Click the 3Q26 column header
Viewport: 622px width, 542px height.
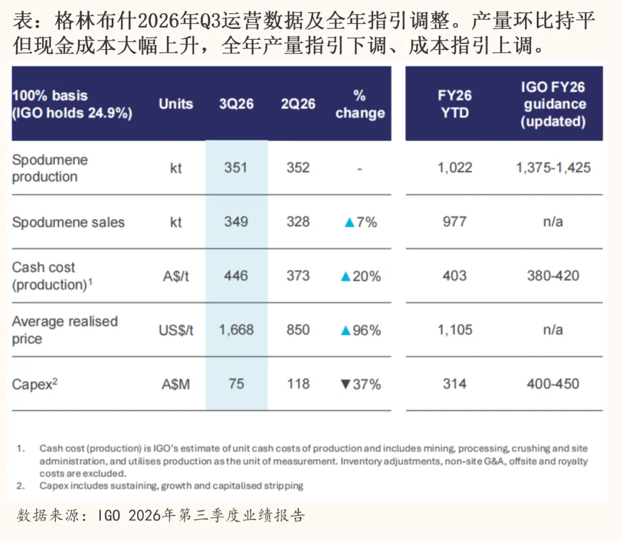pyautogui.click(x=236, y=104)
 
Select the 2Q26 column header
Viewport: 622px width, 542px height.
pyautogui.click(x=298, y=104)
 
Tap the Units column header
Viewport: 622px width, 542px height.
pyautogui.click(x=176, y=104)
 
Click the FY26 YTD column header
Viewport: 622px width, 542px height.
pyautogui.click(x=454, y=104)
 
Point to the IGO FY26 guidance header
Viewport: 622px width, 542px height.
pyautogui.click(x=553, y=104)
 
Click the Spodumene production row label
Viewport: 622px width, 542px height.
pyautogui.click(x=50, y=168)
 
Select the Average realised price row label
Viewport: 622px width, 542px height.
pyautogui.click(x=65, y=330)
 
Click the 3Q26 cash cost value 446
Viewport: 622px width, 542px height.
pyautogui.click(x=236, y=276)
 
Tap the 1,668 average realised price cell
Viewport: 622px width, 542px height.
pyautogui.click(x=236, y=330)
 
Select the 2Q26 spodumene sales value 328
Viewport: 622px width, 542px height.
pyautogui.click(x=298, y=222)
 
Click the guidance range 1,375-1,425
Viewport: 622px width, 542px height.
pyautogui.click(x=553, y=168)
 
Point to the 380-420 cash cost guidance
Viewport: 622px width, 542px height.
pyautogui.click(x=553, y=276)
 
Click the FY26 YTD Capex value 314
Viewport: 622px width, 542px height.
pyautogui.click(x=454, y=384)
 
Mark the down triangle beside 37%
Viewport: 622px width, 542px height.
pyautogui.click(x=346, y=384)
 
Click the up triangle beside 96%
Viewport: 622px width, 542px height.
pyautogui.click(x=346, y=331)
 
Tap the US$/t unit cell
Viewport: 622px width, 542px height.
pyautogui.click(x=176, y=330)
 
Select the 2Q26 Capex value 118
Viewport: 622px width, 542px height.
pyautogui.click(x=298, y=384)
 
